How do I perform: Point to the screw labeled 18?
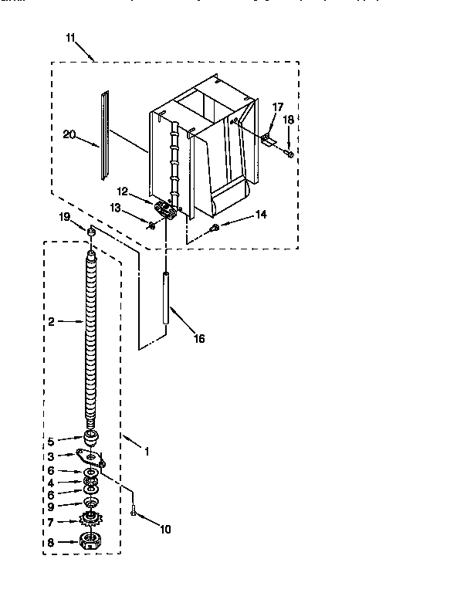(289, 155)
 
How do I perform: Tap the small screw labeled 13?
(151, 225)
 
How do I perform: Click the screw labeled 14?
(215, 227)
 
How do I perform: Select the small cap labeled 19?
(91, 232)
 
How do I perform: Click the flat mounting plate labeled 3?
(91, 459)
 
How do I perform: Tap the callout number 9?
(51, 507)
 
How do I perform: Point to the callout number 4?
(51, 483)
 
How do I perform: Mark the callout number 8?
(51, 543)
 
